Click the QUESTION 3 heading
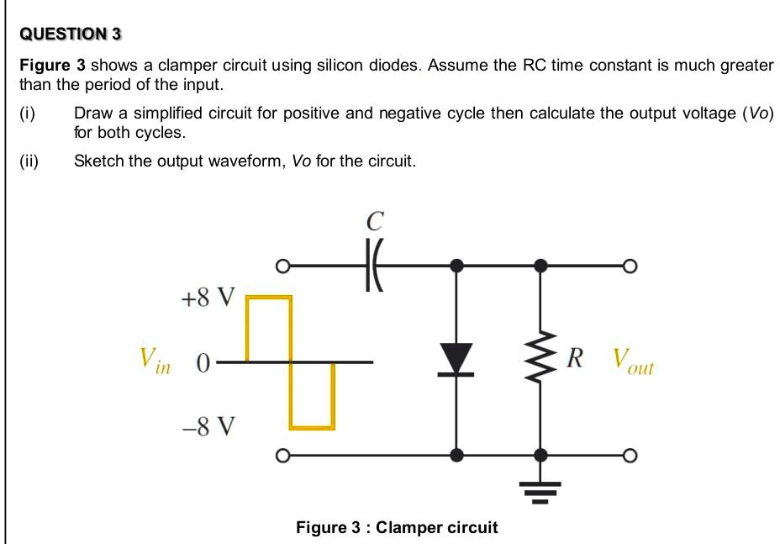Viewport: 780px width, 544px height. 71,34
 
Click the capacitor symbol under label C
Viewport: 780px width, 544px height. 374,267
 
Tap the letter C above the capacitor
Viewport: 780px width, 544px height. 375,222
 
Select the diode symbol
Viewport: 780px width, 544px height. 456,360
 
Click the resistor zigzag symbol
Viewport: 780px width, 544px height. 540,361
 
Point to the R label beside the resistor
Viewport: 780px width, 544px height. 575,358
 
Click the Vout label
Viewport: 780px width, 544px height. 632,362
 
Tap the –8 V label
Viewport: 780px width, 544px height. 208,427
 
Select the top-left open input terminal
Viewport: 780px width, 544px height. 284,267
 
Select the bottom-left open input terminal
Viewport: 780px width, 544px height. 284,456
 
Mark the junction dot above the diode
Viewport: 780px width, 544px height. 456,267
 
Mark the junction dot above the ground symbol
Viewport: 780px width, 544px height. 540,456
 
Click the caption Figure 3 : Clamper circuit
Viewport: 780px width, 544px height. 397,527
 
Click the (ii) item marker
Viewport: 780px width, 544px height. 29,161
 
